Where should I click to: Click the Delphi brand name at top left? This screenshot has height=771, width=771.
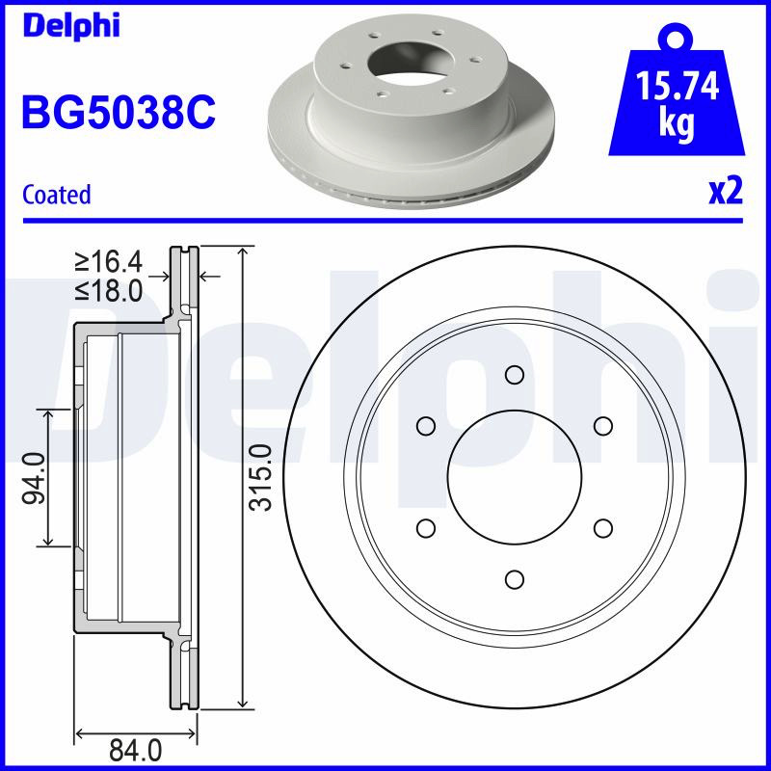(x=71, y=26)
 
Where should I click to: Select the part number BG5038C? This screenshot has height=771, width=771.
(x=119, y=113)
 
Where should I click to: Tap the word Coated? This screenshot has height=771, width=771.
(x=57, y=195)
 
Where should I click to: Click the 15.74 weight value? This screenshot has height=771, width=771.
(x=678, y=86)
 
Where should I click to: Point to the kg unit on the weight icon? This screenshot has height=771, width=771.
(x=678, y=122)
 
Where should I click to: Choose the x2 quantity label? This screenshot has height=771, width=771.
(x=726, y=191)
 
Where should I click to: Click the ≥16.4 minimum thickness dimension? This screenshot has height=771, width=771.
(x=109, y=261)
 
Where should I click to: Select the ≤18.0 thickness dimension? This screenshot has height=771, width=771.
(x=109, y=290)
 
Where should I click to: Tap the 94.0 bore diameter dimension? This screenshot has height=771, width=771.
(x=35, y=478)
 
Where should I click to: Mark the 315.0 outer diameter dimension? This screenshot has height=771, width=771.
(x=260, y=477)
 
